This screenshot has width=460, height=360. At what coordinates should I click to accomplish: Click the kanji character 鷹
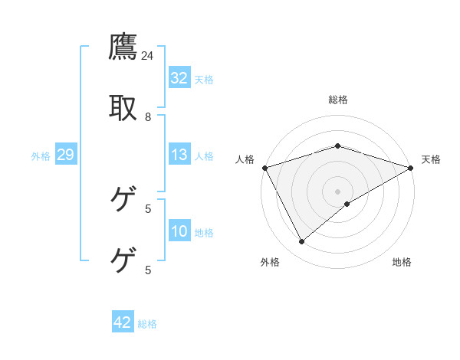(123, 47)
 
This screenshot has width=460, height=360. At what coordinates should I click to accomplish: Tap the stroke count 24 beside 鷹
(148, 56)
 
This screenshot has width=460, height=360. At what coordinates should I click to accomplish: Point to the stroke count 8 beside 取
(148, 117)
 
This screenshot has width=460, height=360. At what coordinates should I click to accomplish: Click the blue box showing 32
(179, 78)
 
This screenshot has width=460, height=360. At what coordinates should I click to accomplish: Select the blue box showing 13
(179, 155)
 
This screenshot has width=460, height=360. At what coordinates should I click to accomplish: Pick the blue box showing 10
(179, 231)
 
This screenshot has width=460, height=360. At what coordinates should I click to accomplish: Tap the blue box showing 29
(65, 155)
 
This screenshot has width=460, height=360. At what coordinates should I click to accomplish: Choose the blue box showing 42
(123, 322)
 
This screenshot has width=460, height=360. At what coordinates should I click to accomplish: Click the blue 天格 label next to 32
(204, 79)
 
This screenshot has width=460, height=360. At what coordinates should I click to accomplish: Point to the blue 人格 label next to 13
(204, 155)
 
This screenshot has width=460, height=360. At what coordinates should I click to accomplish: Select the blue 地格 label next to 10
(204, 232)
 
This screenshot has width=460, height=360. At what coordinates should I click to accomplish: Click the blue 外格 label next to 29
(41, 155)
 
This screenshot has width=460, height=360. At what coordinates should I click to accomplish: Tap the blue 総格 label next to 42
(147, 323)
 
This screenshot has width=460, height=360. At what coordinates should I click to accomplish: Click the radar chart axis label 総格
(338, 100)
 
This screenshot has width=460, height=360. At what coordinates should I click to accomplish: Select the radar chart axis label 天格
(431, 159)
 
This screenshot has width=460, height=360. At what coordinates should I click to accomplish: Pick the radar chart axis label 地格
(402, 262)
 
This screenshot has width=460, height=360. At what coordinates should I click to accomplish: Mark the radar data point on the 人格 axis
(264, 167)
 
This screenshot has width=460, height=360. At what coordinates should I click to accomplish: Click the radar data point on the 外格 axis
(302, 242)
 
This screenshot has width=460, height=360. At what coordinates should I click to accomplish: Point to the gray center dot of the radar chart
(338, 191)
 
